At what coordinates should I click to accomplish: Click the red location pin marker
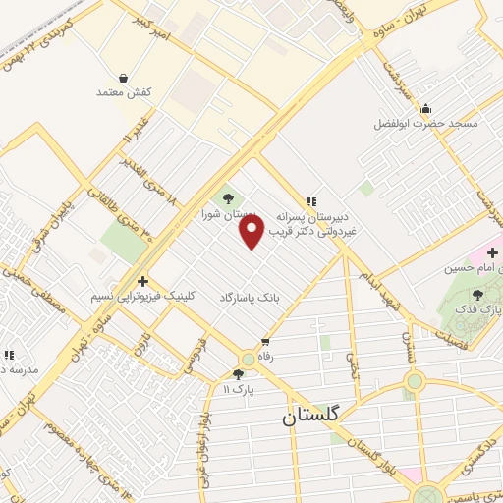[252, 231]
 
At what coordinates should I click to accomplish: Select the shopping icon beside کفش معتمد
[122, 78]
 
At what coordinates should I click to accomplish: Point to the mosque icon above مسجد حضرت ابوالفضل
[425, 109]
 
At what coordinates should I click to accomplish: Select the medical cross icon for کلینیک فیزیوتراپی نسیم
[142, 281]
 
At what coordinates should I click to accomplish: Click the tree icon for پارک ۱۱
[238, 374]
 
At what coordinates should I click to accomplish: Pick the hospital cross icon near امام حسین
[492, 253]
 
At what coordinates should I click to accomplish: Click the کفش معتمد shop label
[121, 92]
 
